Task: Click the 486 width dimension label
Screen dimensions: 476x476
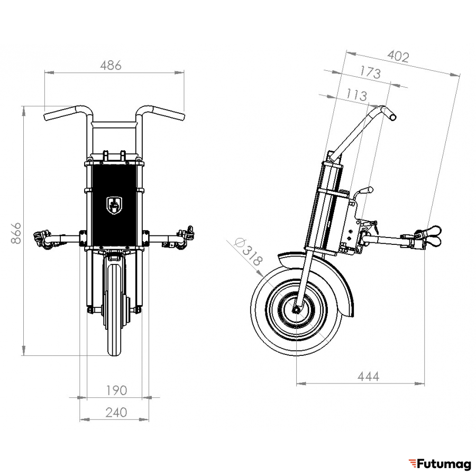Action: click(111, 66)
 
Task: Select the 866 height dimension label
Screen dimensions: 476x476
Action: click(16, 233)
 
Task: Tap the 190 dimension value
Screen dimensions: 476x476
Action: click(116, 390)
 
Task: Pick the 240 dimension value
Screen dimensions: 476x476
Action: click(116, 413)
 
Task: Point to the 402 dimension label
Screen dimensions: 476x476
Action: click(398, 57)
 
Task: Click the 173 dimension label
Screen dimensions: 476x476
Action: click(370, 72)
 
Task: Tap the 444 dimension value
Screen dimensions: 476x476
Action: click(368, 377)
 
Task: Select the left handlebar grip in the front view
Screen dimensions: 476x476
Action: click(59, 113)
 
